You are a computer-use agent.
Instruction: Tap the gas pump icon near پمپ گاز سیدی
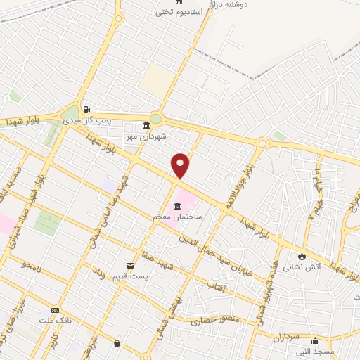86,109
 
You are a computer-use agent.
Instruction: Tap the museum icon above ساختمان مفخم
176,206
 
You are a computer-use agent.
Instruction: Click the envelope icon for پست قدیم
130,265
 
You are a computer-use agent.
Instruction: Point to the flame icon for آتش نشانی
302,257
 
